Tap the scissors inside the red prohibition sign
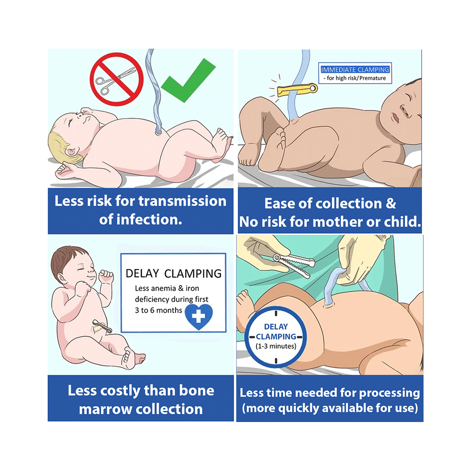115,78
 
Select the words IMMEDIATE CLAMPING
355,70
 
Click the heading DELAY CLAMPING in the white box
173,274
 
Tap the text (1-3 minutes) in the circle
276,346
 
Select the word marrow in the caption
106,409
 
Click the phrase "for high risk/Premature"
356,78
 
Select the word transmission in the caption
182,201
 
